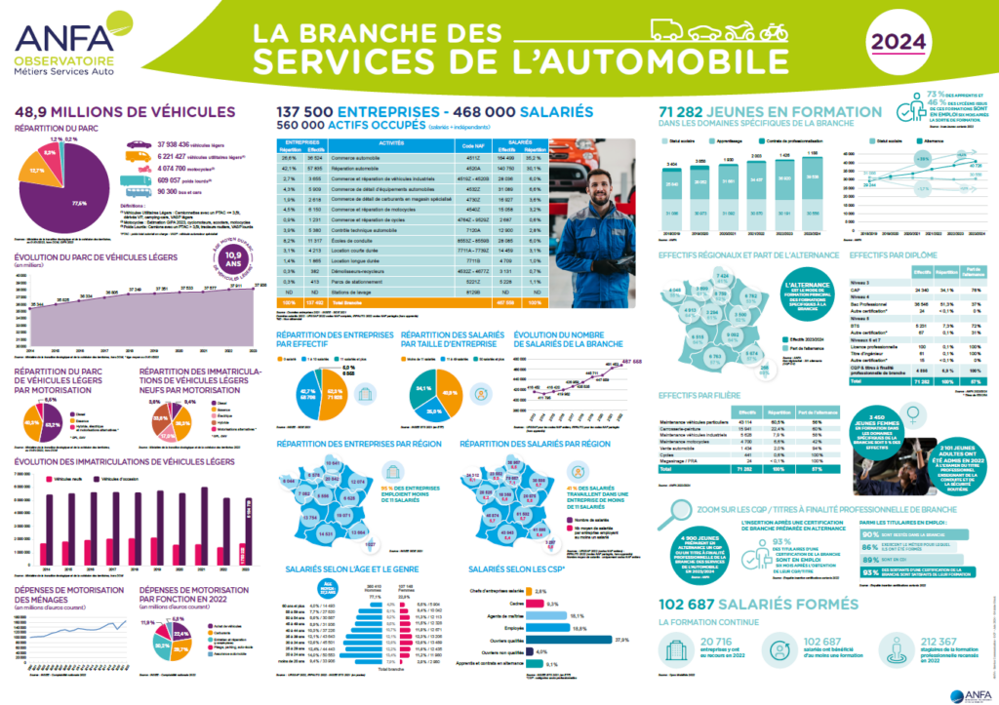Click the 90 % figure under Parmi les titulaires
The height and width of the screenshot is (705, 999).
[866, 534]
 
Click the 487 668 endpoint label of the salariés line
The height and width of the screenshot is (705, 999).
[632, 361]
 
